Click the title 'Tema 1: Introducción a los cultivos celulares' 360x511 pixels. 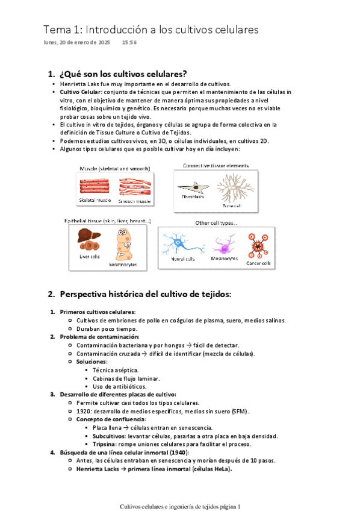pyautogui.click(x=151, y=30)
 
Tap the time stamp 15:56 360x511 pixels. pyautogui.click(x=129, y=42)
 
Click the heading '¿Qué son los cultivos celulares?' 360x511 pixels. pyautogui.click(x=123, y=74)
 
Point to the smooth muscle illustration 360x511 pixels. pyautogui.click(x=135, y=187)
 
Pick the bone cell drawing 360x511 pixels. pyautogui.click(x=235, y=188)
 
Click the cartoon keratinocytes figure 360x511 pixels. pyautogui.click(x=123, y=245)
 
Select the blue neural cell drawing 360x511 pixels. pyautogui.click(x=182, y=243)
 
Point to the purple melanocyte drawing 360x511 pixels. pyautogui.click(x=224, y=245)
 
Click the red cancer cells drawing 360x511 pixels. pyautogui.click(x=258, y=246)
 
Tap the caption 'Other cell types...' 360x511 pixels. pyautogui.click(x=216, y=223)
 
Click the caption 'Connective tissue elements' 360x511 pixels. pyautogui.click(x=216, y=166)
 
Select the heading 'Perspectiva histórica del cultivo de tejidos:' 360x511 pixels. pyautogui.click(x=146, y=294)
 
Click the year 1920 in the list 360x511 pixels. pyautogui.click(x=83, y=412)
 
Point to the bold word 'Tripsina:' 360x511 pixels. pyautogui.click(x=105, y=444)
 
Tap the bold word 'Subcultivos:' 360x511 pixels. pyautogui.click(x=109, y=436)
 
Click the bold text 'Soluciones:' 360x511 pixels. pyautogui.click(x=92, y=362)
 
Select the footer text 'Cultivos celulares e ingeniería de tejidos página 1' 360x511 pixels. pyautogui.click(x=180, y=506)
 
